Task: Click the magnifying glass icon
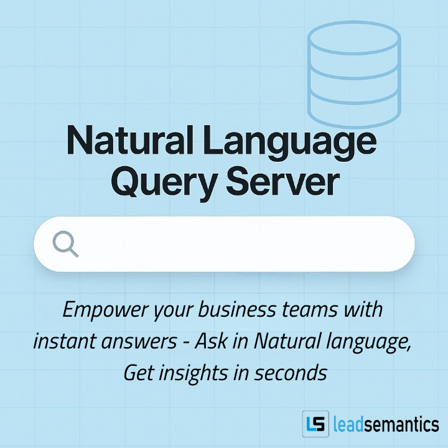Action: (65, 244)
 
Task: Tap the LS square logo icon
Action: (315, 425)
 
